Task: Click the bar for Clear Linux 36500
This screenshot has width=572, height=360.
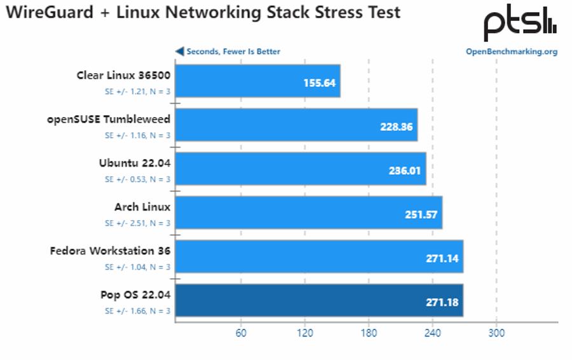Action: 257,81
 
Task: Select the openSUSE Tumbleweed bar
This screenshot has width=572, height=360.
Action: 296,125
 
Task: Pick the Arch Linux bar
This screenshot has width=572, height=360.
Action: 308,212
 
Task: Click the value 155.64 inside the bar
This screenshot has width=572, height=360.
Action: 320,83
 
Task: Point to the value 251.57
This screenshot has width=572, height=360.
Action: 421,215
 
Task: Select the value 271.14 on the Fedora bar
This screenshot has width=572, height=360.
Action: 442,259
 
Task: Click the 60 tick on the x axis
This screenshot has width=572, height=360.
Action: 241,333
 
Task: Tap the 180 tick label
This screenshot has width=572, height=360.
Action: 369,333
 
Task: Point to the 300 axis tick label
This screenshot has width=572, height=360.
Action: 496,333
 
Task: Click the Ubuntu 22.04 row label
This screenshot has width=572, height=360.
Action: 135,162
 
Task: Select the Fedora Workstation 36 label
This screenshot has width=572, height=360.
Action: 110,251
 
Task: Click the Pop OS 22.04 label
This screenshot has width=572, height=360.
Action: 135,294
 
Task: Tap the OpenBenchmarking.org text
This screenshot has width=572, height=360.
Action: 512,52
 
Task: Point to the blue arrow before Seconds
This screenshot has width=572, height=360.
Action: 180,52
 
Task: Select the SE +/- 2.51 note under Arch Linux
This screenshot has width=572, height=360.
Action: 137,223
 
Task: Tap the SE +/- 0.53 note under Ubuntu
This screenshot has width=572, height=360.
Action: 137,179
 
